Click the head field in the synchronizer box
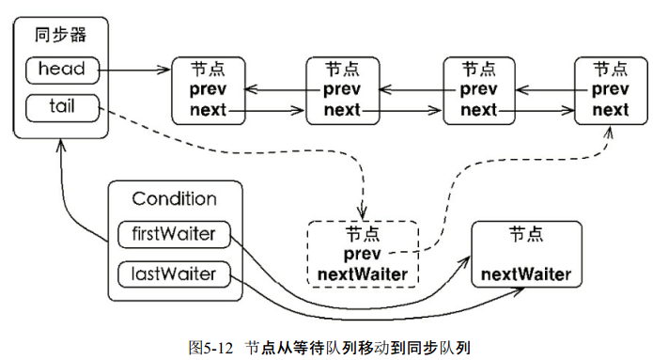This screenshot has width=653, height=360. (62, 70)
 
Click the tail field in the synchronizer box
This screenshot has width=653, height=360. (62, 106)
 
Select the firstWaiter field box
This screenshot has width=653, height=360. (173, 234)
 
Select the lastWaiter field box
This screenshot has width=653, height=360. (173, 274)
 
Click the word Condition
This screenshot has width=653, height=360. (174, 199)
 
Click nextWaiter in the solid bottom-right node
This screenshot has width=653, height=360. (526, 274)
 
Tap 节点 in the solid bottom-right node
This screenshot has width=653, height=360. (526, 232)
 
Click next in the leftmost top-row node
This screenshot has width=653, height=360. (208, 110)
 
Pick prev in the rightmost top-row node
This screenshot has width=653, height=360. (612, 90)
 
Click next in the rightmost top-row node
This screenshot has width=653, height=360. (612, 110)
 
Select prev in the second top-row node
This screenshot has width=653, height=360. (342, 90)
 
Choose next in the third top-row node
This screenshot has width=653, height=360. (478, 110)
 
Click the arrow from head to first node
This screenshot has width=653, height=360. (136, 70)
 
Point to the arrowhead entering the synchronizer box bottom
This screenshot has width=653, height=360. (62, 146)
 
